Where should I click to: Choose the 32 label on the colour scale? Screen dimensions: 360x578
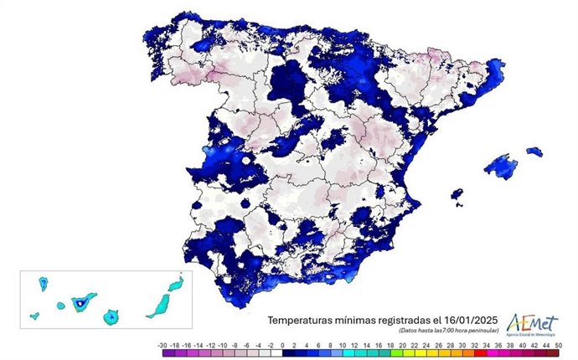(x=470, y=346)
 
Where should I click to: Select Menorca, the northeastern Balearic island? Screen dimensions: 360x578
(x=534, y=152)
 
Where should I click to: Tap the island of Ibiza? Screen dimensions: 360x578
(x=457, y=196)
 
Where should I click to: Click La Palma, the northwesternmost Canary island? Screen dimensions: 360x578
(x=43, y=285)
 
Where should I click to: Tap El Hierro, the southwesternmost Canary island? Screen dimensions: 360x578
(x=34, y=316)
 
